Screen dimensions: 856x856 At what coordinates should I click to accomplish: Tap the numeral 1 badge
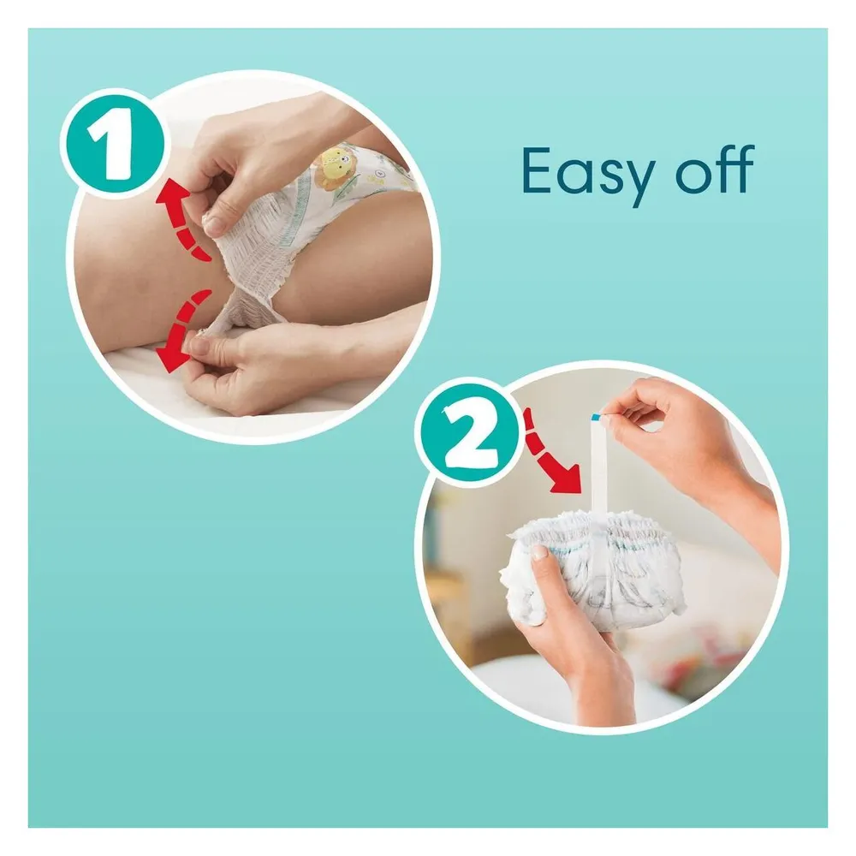114,143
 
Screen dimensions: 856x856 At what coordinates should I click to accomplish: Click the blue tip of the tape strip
596,417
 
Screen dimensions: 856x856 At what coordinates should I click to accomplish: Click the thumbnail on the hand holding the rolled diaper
538,552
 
